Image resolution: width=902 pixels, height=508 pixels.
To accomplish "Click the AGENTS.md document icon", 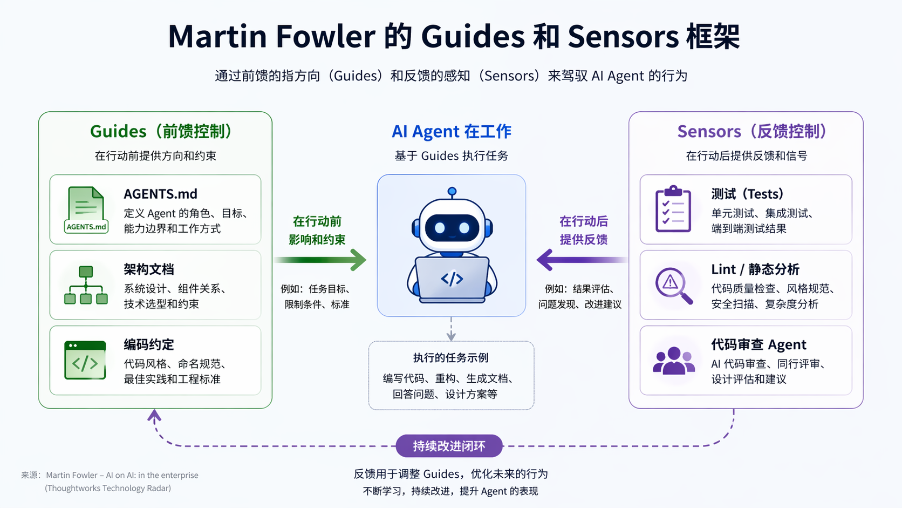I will point(86,210).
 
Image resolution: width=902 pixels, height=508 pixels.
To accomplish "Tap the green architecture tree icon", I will point(86,285).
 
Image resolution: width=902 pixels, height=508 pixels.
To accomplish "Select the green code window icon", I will point(85,360).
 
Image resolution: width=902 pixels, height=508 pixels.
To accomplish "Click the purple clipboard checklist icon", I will point(673,209).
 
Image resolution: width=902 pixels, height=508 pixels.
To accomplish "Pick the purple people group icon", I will point(673,361).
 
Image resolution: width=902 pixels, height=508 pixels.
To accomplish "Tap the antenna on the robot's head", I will point(452,192).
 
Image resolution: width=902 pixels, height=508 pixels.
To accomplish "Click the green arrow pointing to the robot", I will point(322,260).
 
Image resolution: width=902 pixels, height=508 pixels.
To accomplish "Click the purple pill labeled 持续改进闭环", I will point(449,446).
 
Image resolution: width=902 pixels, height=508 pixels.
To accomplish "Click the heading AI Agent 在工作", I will point(452,131).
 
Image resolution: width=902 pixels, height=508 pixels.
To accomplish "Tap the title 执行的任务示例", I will point(451,357).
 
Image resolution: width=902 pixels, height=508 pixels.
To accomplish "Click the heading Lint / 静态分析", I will point(755,269).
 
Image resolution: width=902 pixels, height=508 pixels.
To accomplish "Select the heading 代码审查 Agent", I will point(758,344).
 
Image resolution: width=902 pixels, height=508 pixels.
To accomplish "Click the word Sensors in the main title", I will point(623,37).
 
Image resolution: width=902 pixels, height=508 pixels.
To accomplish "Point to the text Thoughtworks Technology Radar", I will point(108,488).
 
